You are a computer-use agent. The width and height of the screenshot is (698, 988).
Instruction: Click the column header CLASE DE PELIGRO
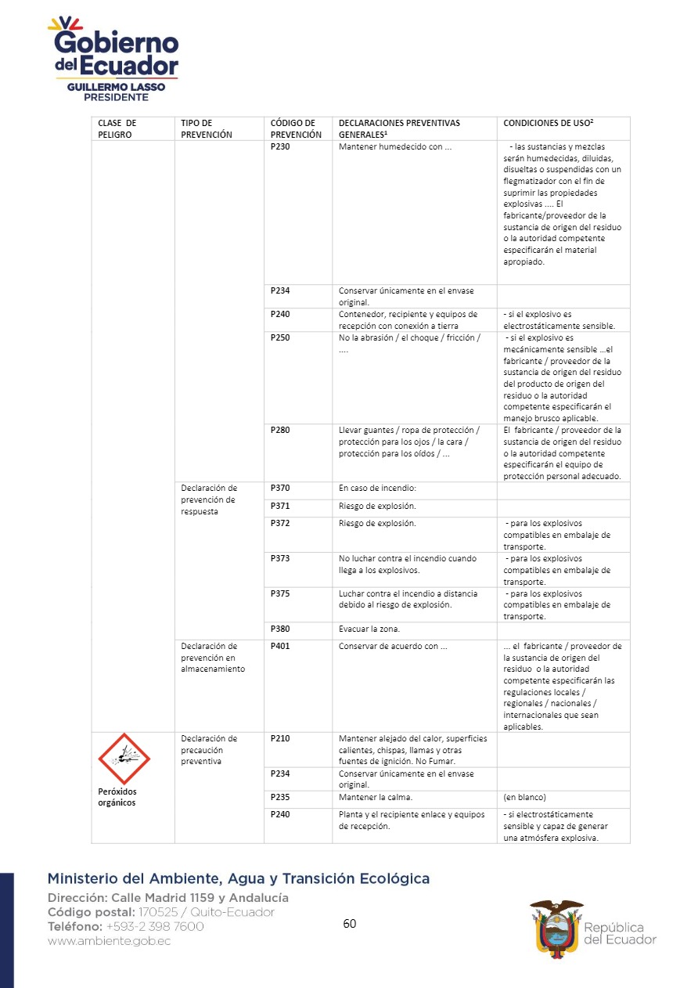[117, 128]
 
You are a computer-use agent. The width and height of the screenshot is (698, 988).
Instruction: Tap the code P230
[280, 146]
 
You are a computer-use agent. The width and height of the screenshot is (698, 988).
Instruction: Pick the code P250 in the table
[280, 337]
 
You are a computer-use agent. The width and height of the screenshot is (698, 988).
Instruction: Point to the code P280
[280, 430]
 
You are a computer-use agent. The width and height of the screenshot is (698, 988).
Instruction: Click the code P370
[280, 488]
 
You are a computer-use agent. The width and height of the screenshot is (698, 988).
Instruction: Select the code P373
[280, 559]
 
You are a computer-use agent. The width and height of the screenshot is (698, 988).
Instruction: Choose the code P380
[280, 629]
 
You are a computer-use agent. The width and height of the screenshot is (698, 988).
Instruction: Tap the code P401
[280, 646]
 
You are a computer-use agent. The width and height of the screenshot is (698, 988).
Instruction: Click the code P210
[280, 738]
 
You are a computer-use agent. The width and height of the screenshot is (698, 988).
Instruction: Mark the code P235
[280, 797]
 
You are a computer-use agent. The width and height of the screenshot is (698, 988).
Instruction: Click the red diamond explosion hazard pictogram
[124, 759]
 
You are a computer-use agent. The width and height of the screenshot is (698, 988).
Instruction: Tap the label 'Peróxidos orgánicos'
[117, 796]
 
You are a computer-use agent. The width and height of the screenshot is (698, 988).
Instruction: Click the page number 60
[350, 924]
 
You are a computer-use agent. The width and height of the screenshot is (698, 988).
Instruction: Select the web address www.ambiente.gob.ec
[109, 941]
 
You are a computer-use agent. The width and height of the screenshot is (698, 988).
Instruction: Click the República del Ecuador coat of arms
[556, 925]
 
